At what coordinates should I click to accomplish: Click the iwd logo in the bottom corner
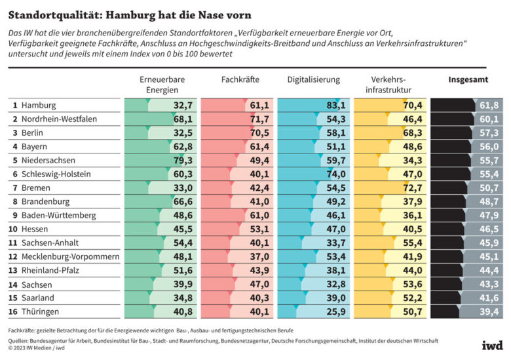(x=493, y=345)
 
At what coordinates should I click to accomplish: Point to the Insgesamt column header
(x=467, y=80)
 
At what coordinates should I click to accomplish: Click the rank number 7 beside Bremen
(x=14, y=188)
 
